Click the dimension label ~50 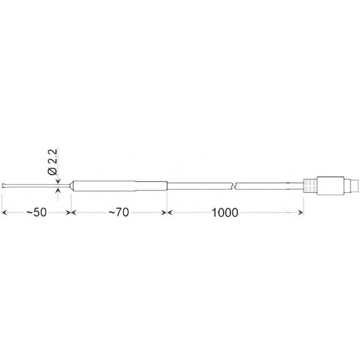click(36, 213)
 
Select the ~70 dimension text click(118, 213)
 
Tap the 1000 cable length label click(225, 213)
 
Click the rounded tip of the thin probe click(4, 186)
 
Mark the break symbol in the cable click(234, 186)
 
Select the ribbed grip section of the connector click(310, 186)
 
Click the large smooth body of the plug click(329, 186)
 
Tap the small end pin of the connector click(355, 186)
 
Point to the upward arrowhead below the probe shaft click(58, 190)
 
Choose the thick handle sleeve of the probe click(104, 186)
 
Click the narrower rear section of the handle click(151, 186)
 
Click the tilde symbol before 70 click(112, 213)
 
